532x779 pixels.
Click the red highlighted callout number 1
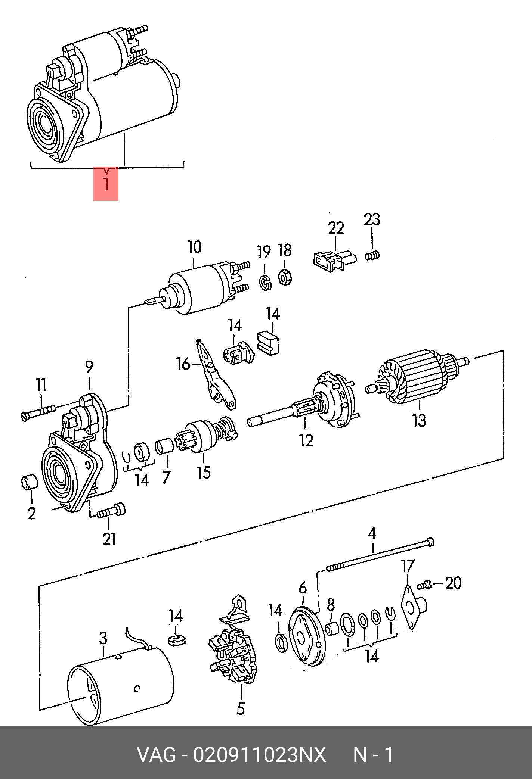(x=106, y=184)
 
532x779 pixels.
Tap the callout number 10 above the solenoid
(x=194, y=247)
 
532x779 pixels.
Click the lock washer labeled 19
(x=265, y=283)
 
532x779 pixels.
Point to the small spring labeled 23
(x=372, y=256)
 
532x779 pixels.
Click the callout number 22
(x=336, y=228)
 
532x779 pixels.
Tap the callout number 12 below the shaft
(x=306, y=441)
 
